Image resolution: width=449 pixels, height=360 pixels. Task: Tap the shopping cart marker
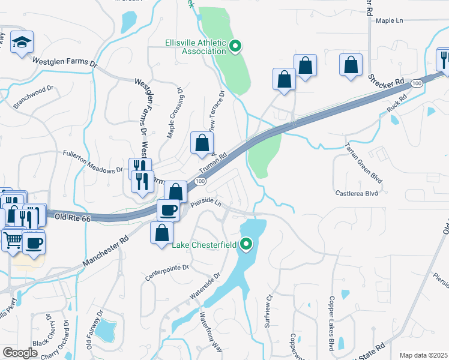[13, 241]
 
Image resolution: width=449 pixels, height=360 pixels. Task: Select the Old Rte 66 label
[73, 219]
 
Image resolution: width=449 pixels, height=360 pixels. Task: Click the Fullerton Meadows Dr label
[93, 162]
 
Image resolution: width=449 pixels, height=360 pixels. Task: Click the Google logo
[20, 353]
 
